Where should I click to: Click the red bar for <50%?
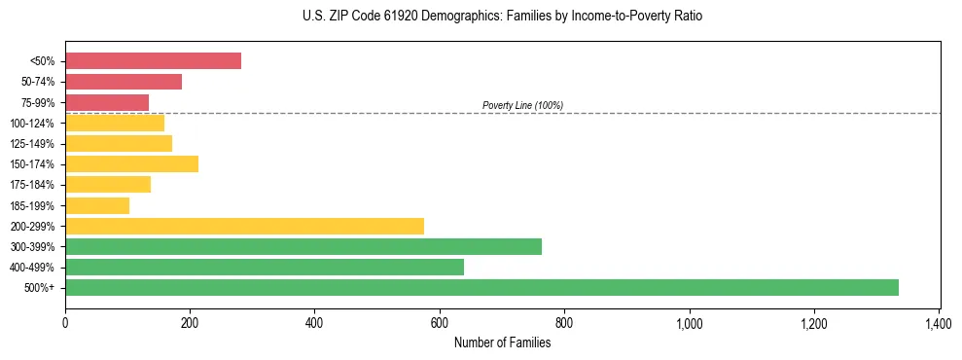pos(153,61)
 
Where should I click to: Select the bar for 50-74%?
pos(124,82)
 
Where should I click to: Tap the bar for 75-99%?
pos(107,102)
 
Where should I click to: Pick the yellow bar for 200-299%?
pos(244,226)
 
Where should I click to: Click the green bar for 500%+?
pos(481,287)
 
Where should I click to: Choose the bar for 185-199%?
pos(97,205)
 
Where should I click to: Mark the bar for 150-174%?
pos(131,164)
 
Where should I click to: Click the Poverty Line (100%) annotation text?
pos(522,105)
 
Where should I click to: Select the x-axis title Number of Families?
pos(502,342)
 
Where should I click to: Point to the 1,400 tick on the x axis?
pos(939,322)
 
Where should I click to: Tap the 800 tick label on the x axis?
pos(564,322)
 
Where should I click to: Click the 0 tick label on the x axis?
pos(65,322)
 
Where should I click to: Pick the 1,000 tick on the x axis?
pos(689,322)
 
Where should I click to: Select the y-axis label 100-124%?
pos(32,124)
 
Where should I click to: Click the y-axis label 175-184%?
pos(32,185)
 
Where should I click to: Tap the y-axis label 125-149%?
pos(32,144)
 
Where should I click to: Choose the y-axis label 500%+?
pos(40,288)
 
